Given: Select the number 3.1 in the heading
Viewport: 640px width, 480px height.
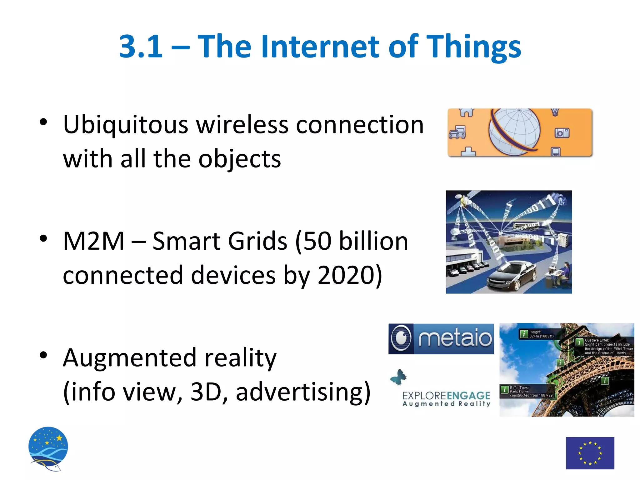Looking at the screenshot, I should [141, 47].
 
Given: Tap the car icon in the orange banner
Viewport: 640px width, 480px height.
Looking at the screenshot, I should [457, 132].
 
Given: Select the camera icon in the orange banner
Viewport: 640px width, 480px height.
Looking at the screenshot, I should [562, 133].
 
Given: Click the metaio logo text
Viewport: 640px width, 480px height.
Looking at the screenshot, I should [455, 338].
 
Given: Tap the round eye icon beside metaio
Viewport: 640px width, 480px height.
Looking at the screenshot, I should [401, 338].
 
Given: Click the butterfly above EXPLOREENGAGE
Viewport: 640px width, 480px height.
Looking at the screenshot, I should [399, 377].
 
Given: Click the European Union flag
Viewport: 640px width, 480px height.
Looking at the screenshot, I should [590, 453].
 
